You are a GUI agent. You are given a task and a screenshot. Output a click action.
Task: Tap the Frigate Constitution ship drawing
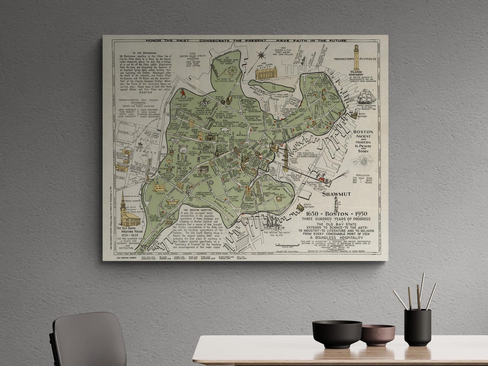coord(365,97)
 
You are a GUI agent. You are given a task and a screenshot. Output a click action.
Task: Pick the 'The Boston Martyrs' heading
coord(200,210)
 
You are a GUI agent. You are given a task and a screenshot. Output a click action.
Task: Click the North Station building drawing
coord(266,72)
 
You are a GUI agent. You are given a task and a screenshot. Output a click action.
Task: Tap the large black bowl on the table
coord(337,333)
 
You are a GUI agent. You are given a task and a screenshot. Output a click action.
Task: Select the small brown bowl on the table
coord(377,334)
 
